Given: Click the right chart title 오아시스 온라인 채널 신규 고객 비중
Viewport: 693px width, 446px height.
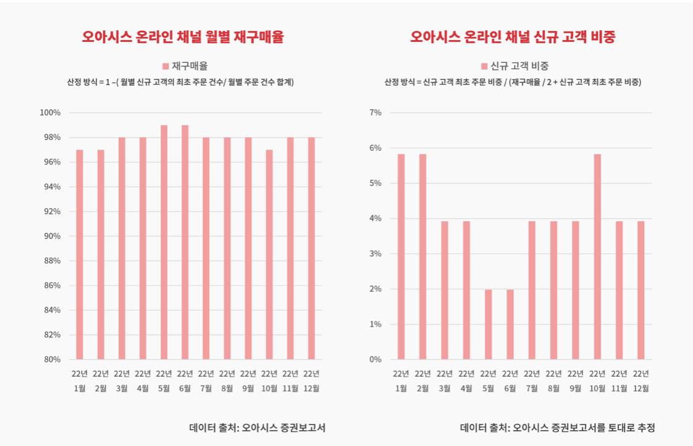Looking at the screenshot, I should (x=513, y=37).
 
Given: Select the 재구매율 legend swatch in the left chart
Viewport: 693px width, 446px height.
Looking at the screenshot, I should (x=166, y=66).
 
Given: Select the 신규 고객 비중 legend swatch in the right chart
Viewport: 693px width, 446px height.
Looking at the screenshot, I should (x=484, y=66).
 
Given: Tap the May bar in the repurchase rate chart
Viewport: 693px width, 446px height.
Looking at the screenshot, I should (x=164, y=242).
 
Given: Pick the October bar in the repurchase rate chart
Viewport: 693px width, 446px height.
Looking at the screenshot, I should (x=269, y=255).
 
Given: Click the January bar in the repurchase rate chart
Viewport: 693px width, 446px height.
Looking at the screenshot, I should (x=80, y=255).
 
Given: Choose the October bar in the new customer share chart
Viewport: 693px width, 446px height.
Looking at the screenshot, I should (x=597, y=256).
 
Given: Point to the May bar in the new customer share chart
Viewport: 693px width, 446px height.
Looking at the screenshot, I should (x=488, y=324).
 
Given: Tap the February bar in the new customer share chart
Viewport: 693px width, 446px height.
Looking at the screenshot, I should (x=422, y=256).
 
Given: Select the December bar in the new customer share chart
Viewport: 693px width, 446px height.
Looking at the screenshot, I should (x=640, y=290).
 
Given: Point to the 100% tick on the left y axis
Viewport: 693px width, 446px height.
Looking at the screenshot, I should (x=51, y=112).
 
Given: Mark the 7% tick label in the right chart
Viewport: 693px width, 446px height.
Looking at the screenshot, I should (x=376, y=112).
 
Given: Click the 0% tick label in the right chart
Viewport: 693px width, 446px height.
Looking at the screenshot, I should (x=376, y=359).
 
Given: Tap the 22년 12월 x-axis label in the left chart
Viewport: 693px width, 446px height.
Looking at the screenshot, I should (x=311, y=381).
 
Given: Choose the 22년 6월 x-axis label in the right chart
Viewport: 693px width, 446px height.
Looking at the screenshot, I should (x=510, y=381).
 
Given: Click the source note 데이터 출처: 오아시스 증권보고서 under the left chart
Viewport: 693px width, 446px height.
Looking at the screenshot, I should (x=257, y=427).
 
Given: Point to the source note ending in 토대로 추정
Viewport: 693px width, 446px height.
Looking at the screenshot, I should (x=557, y=427).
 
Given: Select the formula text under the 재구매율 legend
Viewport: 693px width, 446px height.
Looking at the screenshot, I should (x=180, y=82).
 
